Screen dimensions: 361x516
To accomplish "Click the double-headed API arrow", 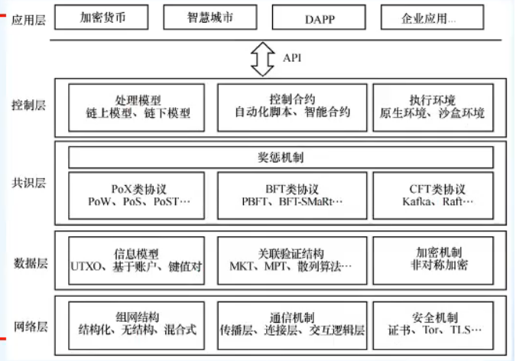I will click(x=262, y=58).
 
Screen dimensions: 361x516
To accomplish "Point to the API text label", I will click(x=292, y=58).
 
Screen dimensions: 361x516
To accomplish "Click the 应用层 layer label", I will click(x=28, y=20).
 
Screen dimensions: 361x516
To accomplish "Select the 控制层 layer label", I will click(x=28, y=106).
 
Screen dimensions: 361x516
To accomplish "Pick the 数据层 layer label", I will click(x=28, y=262).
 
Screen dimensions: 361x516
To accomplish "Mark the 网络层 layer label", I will click(x=28, y=327).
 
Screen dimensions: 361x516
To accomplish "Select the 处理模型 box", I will click(x=138, y=106).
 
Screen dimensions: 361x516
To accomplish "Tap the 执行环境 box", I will click(x=432, y=106).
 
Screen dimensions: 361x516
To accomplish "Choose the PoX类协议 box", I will click(x=138, y=195).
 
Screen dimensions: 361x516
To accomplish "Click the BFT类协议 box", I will click(x=290, y=195).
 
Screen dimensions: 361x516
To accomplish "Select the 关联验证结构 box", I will click(x=290, y=259).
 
